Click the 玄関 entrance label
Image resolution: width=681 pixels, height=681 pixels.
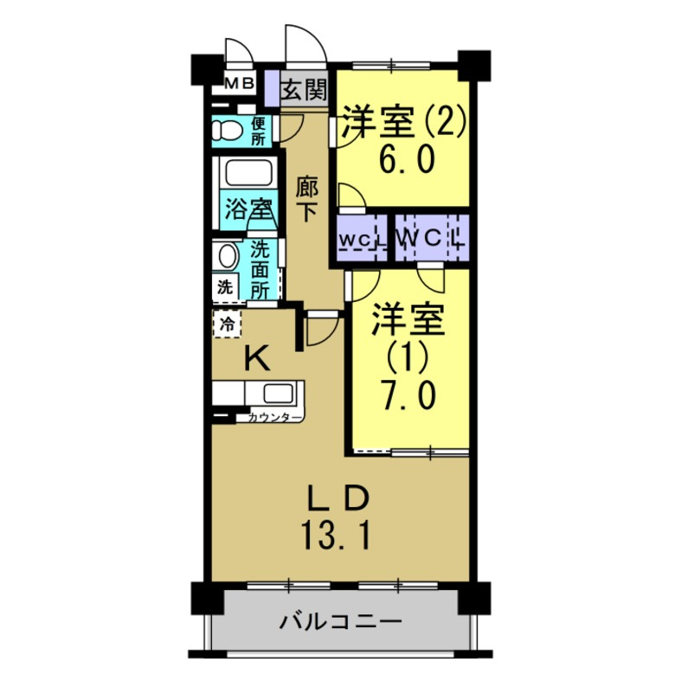[x=303, y=89]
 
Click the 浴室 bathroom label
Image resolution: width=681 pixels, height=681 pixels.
[x=247, y=209]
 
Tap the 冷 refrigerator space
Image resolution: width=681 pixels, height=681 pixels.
[x=227, y=324]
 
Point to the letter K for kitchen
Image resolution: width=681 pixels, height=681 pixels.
[x=255, y=357]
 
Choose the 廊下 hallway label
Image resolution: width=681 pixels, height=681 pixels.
[x=305, y=198]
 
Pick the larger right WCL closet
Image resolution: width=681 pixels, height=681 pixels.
[x=432, y=236]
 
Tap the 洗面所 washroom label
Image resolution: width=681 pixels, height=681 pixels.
[x=260, y=268]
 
